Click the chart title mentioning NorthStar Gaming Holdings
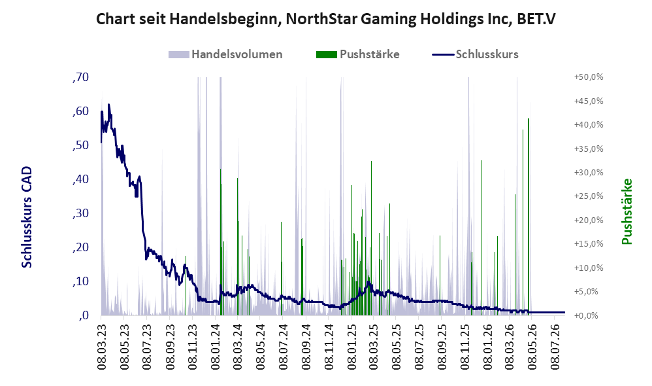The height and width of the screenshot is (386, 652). tap(325, 19)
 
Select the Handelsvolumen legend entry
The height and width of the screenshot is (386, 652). tap(225, 54)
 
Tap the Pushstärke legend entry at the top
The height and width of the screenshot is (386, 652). tap(357, 54)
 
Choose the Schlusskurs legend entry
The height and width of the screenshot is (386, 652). tap(475, 54)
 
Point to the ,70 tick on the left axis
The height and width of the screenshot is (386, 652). tap(80, 77)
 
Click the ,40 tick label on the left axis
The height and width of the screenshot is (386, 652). tap(80, 179)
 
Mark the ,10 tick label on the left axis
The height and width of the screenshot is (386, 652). tap(80, 281)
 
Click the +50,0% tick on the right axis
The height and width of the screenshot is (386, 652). tap(589, 77)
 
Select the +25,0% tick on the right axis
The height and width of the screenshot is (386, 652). tap(589, 196)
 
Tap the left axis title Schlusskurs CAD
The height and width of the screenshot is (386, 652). tap(27, 217)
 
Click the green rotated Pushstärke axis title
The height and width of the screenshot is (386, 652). tap(627, 211)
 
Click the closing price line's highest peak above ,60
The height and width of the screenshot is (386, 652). tap(109, 105)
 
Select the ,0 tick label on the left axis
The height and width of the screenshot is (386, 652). tap(83, 315)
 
